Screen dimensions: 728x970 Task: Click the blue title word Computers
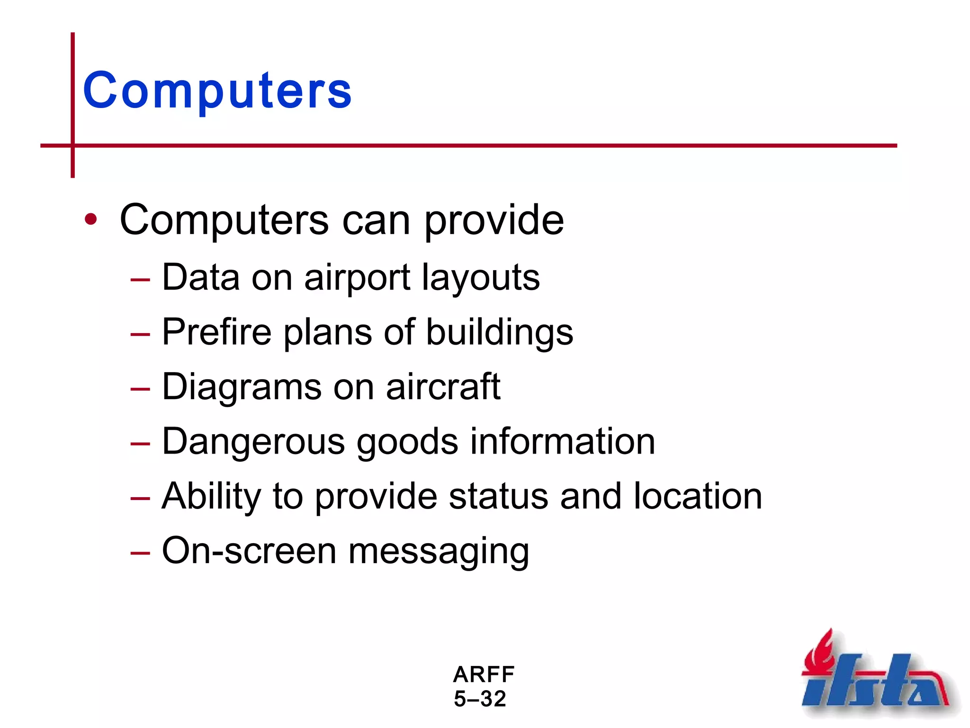(x=217, y=90)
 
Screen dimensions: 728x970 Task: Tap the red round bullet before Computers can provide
(x=90, y=219)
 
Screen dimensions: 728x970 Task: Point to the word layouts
(x=480, y=278)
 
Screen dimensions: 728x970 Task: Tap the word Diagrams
(x=241, y=387)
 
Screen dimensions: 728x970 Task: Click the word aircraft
(x=443, y=387)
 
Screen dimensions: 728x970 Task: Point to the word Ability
(x=211, y=497)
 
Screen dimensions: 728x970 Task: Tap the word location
(x=698, y=496)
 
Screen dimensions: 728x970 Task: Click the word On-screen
(x=249, y=551)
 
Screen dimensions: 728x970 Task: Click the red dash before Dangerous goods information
(x=140, y=444)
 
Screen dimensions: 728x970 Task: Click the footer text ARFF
(x=484, y=674)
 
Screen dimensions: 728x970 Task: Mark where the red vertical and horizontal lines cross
(x=72, y=146)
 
